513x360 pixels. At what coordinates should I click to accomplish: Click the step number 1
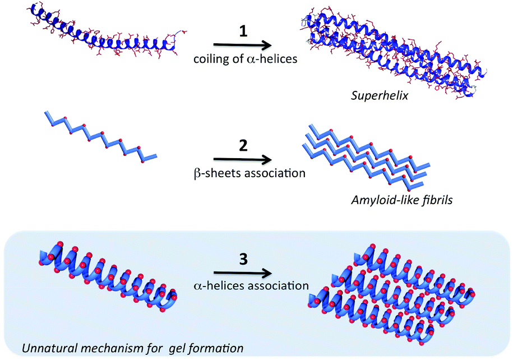pyautogui.click(x=243, y=33)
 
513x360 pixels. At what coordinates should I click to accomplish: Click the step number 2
pyautogui.click(x=243, y=147)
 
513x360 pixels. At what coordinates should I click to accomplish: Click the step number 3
pyautogui.click(x=243, y=261)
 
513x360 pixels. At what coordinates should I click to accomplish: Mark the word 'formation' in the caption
pyautogui.click(x=220, y=348)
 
